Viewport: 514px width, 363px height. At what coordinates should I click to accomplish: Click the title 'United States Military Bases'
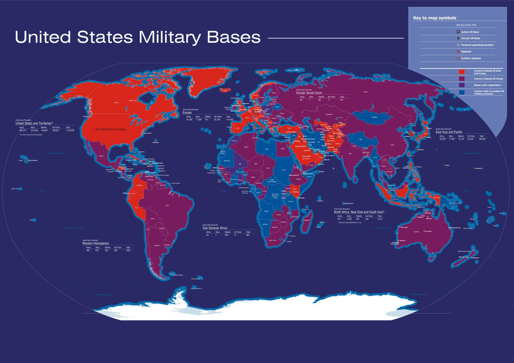(x=137, y=38)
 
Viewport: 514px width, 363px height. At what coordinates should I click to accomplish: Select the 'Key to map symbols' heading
(x=436, y=18)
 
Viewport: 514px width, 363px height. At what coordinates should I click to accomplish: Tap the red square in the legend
(x=460, y=71)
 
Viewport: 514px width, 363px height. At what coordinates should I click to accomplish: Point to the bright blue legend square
(x=460, y=91)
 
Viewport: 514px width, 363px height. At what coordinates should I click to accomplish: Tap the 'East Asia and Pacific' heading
(x=449, y=131)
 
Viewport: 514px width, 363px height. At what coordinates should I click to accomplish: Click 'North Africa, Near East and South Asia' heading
(x=360, y=212)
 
